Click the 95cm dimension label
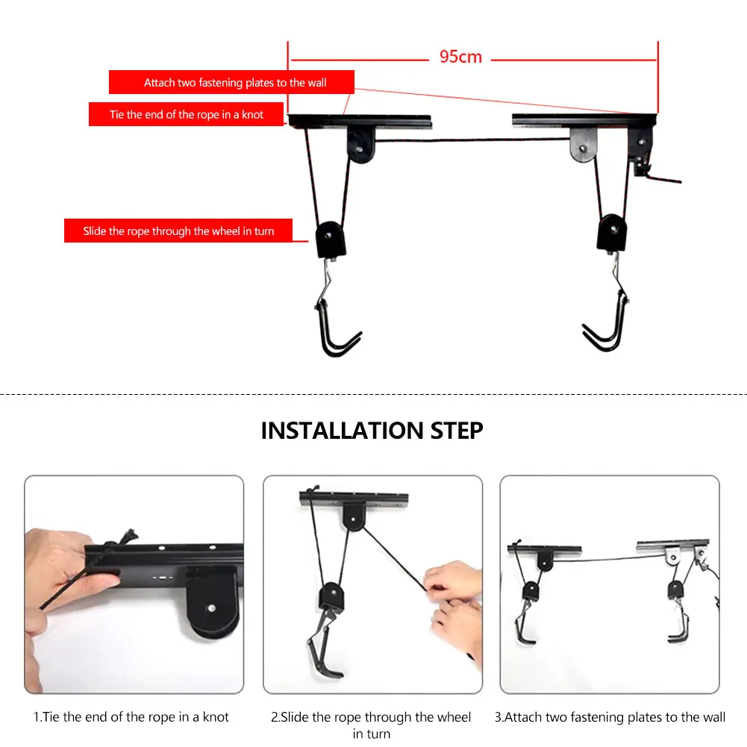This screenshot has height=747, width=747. pos(460,57)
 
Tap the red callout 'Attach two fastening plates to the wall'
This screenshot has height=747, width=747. pos(231,82)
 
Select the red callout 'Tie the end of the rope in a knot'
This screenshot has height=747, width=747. pos(187,114)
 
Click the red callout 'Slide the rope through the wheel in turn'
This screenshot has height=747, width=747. pos(178,231)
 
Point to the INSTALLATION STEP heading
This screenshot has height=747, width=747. pos(372,431)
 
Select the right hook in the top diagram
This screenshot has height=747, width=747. pos(607,324)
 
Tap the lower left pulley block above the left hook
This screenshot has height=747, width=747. pos(330,239)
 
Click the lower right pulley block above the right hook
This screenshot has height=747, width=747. pos(612,232)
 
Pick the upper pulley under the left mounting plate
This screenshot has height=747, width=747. pos(360,145)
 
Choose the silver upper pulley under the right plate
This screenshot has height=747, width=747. pos(583,144)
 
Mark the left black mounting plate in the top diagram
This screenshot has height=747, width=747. pos(360,121)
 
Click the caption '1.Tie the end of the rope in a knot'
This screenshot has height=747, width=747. pos(131,717)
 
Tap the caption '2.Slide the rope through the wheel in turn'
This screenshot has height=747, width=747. pos(371,725)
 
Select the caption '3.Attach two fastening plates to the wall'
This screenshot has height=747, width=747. pos(610,717)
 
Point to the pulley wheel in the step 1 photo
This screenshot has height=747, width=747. pos(211,603)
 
